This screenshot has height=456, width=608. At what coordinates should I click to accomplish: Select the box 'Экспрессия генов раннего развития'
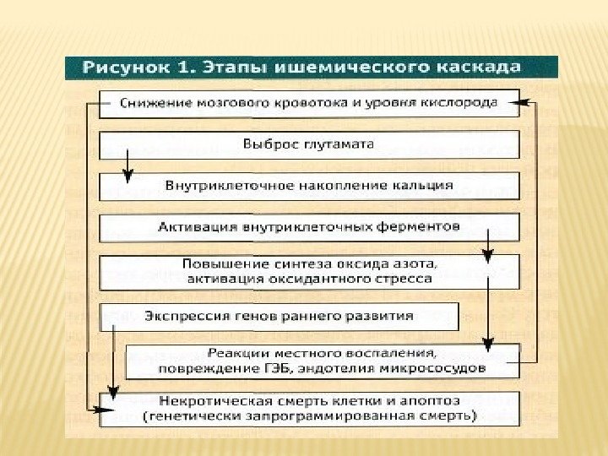[279, 317]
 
